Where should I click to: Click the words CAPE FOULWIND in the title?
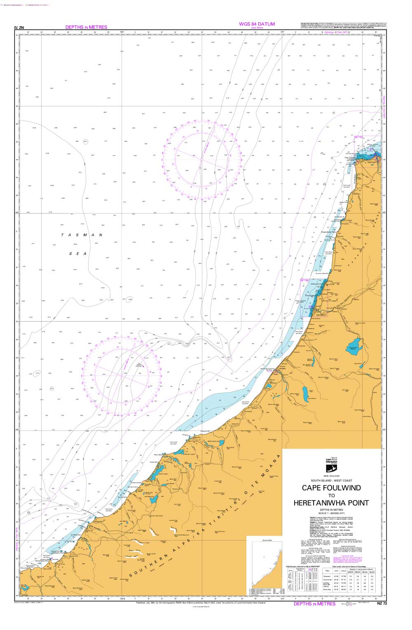(x=331, y=488)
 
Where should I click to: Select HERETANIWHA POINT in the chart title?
(x=331, y=503)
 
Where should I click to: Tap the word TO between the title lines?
(x=331, y=496)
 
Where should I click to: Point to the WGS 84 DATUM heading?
(x=257, y=24)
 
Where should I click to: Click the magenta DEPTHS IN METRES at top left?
(x=86, y=27)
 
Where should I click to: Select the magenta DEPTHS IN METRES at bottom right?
(x=314, y=604)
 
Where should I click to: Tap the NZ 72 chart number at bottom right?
(x=382, y=604)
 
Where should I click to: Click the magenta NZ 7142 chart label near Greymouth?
(x=304, y=280)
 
